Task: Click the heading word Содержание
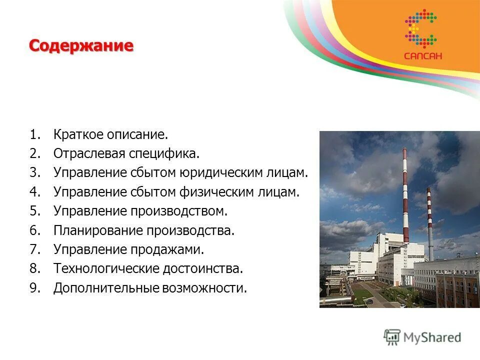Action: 81,46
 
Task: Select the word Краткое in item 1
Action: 76,135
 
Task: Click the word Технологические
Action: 105,268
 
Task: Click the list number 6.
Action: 34,230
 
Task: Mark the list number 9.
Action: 34,288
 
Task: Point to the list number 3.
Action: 34,173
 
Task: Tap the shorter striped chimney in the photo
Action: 429,220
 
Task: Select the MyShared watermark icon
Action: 392,337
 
